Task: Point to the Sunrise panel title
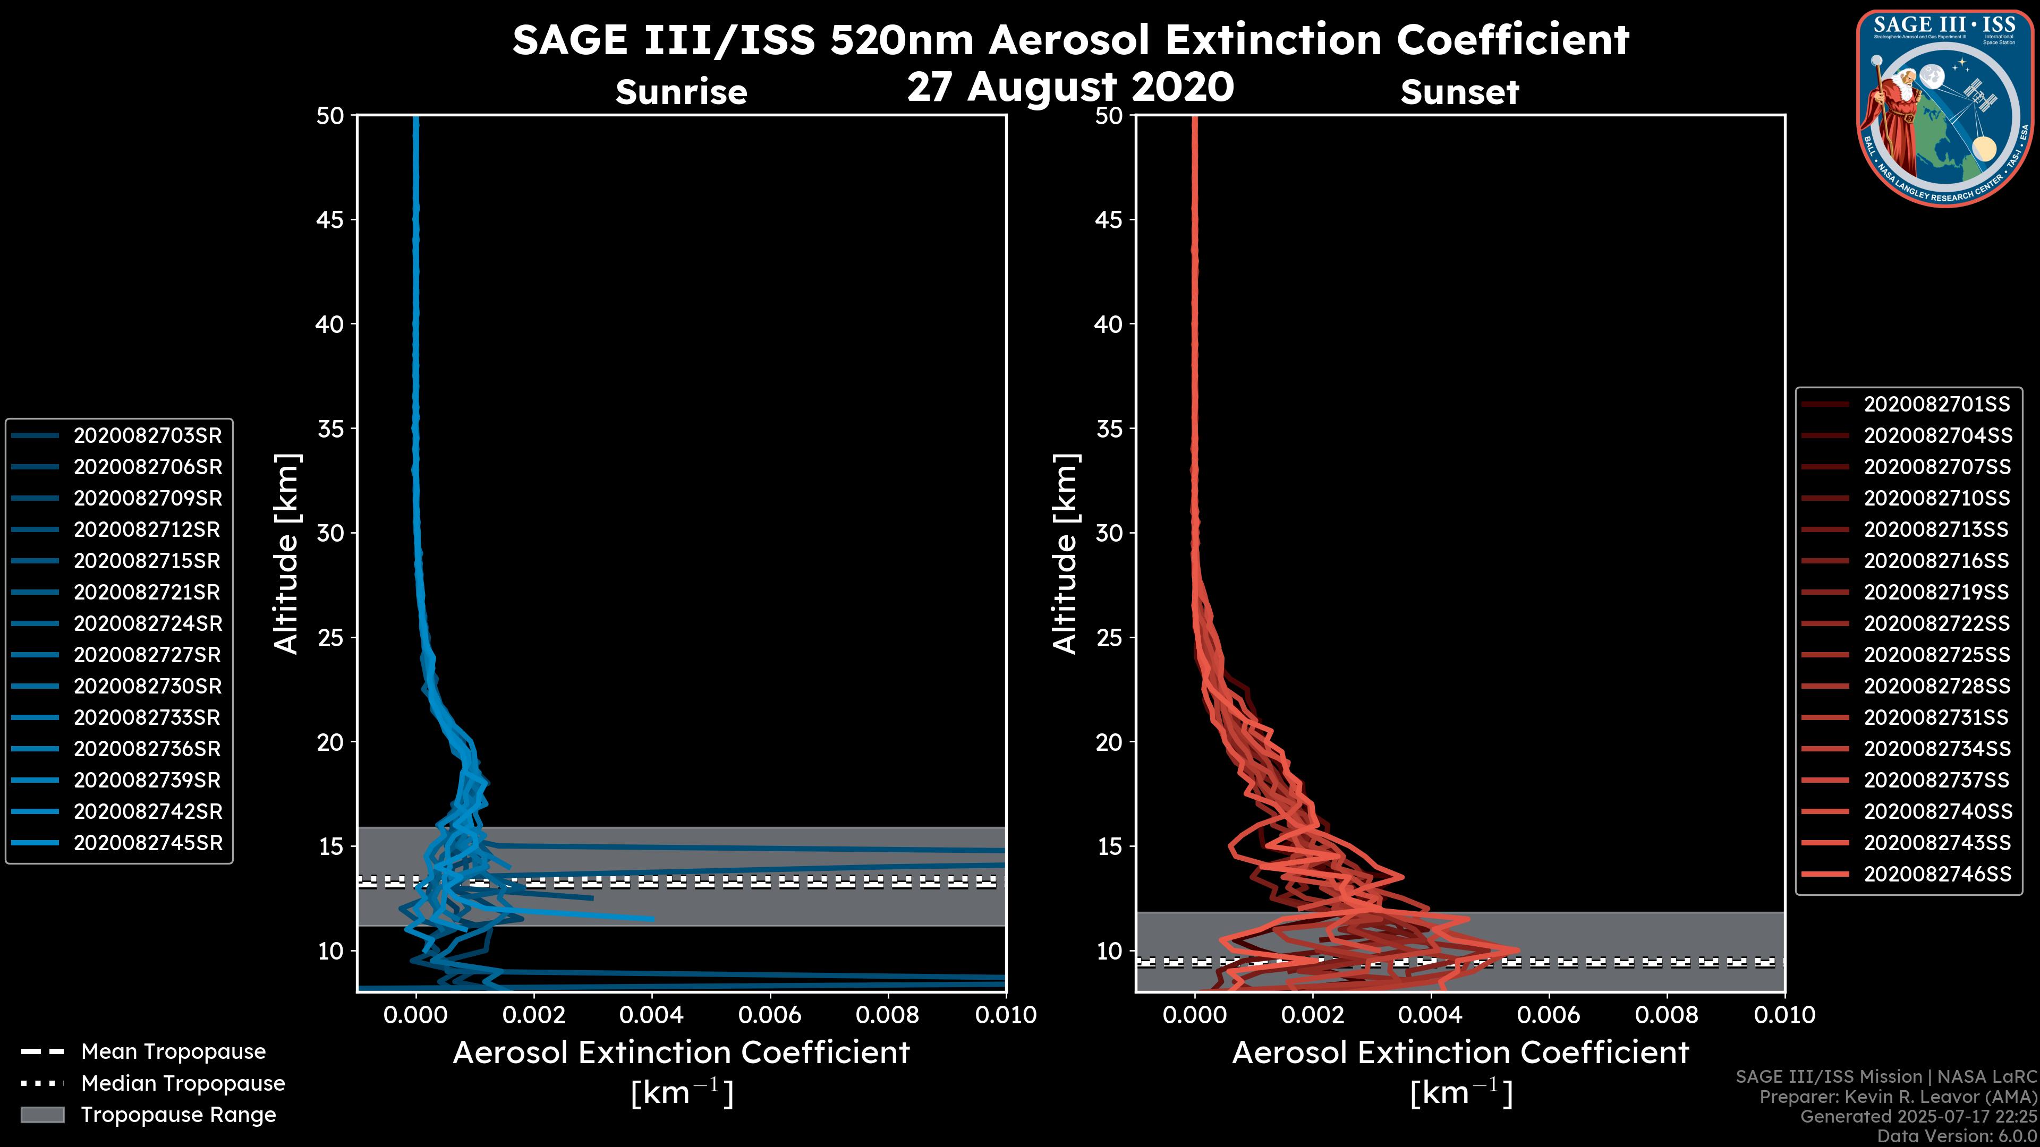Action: pos(681,92)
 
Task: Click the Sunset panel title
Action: pos(1459,92)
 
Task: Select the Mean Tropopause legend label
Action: pos(173,1051)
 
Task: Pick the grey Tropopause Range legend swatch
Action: pos(42,1115)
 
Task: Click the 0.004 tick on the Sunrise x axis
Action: pos(651,1015)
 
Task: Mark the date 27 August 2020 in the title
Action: pos(1070,87)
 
